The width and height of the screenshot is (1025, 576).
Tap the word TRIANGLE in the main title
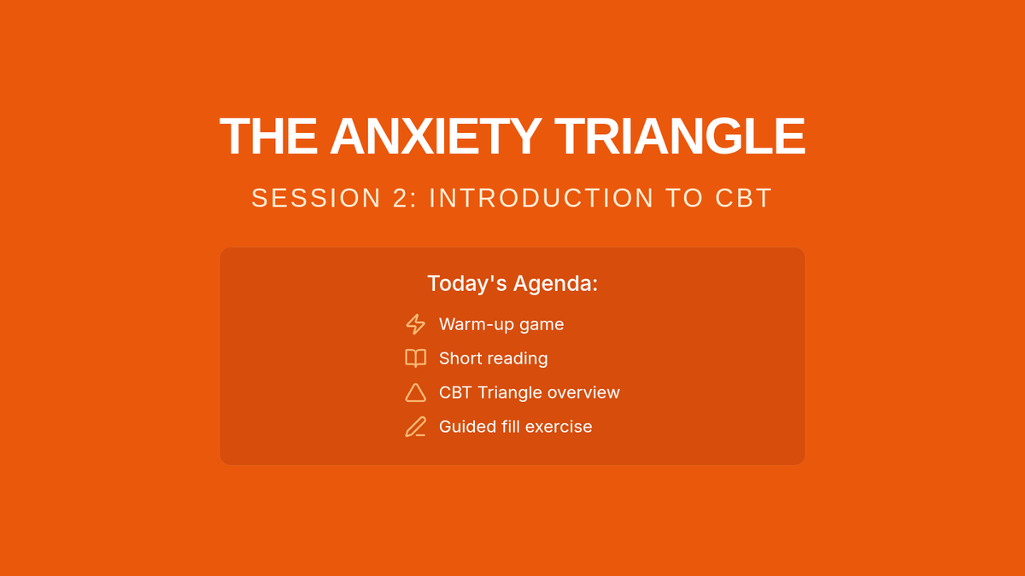pyautogui.click(x=680, y=137)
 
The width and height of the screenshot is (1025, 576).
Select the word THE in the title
pyautogui.click(x=268, y=137)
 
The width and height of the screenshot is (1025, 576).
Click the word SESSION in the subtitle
pyautogui.click(x=316, y=198)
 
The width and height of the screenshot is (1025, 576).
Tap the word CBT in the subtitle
pyautogui.click(x=744, y=198)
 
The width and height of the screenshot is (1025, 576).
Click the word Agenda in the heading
pyautogui.click(x=555, y=284)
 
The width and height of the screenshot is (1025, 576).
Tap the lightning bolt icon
pyautogui.click(x=415, y=324)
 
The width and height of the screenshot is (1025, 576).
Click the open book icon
pyautogui.click(x=415, y=358)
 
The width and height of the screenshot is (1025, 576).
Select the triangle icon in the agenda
pyautogui.click(x=415, y=393)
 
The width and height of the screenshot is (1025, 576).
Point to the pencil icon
pyautogui.click(x=415, y=427)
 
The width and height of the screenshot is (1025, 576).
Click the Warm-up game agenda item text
pyautogui.click(x=501, y=324)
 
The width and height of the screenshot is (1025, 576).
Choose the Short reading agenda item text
pyautogui.click(x=494, y=358)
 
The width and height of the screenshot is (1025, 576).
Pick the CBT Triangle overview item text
pyautogui.click(x=530, y=393)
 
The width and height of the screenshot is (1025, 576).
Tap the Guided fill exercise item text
pyautogui.click(x=516, y=427)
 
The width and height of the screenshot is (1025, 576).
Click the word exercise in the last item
pyautogui.click(x=559, y=427)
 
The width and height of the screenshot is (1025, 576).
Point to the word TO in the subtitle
pyautogui.click(x=684, y=198)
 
